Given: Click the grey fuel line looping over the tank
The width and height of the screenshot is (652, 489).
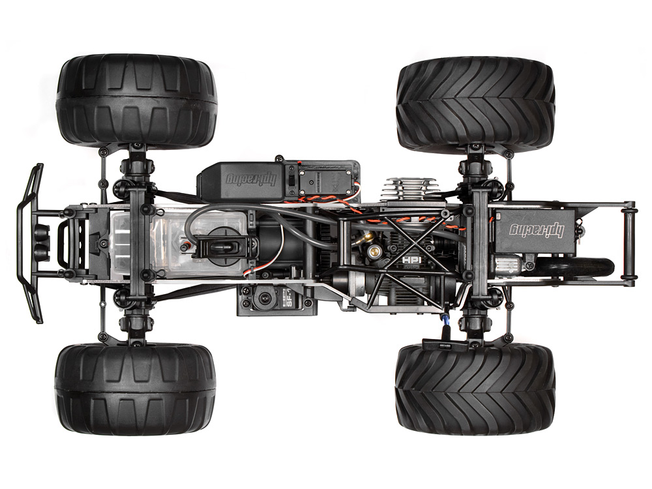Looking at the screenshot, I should (196, 225).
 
